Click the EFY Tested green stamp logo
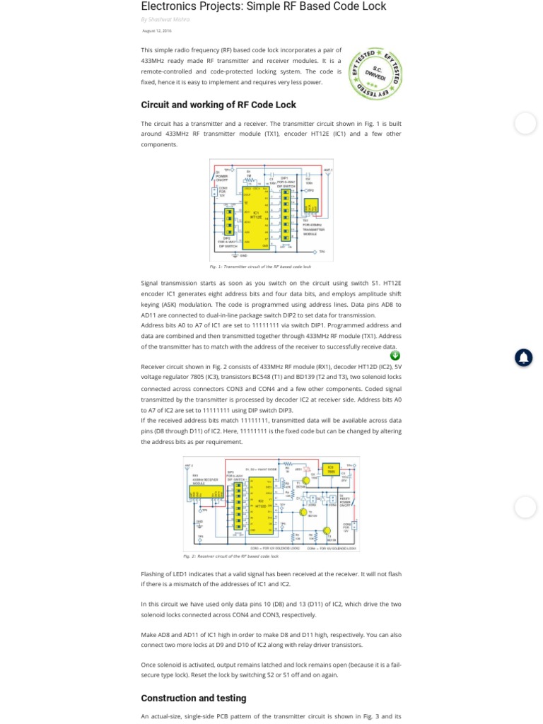375,74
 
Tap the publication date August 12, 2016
157,31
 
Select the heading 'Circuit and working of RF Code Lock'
218,105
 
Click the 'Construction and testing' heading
194,698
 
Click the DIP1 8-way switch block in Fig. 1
286,214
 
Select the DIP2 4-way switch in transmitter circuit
229,222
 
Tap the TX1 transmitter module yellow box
310,206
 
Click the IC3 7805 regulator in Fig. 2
330,469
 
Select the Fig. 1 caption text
260,267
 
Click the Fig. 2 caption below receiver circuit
230,556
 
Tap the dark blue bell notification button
523,358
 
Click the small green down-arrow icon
395,356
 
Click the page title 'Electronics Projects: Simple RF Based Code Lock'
264,6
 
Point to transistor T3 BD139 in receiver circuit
327,530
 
